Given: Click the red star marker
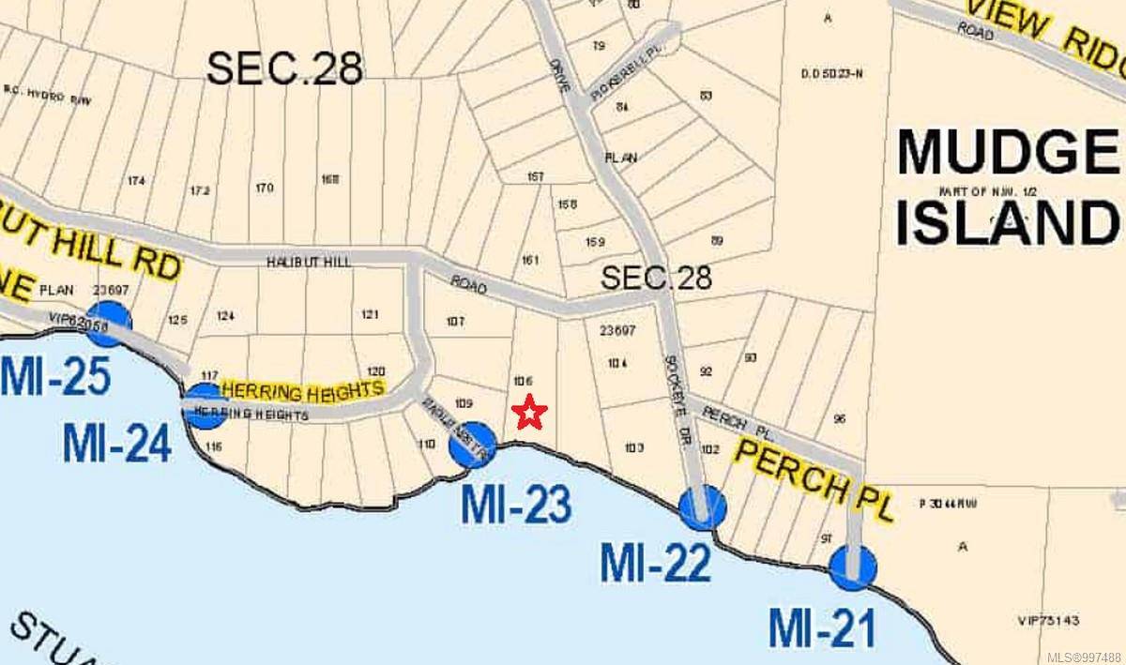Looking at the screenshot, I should point(530,412).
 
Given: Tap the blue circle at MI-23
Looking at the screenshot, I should point(472,444).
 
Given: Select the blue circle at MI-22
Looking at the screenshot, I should point(703,507).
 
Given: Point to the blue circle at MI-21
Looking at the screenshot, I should point(853,567).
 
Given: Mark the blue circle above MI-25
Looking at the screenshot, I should point(109,324).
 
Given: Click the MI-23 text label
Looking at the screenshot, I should point(515,506).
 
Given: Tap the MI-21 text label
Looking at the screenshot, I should point(822,627).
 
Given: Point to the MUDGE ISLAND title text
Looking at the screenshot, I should point(1007,189).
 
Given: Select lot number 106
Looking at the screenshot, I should point(524,382).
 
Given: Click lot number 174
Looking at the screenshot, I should point(136,181).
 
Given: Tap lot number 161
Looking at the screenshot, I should point(530,260).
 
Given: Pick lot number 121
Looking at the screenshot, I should point(370,314).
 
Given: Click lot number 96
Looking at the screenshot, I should point(839,419).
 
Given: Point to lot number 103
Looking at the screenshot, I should point(633,447).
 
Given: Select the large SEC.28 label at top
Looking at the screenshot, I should point(284,68).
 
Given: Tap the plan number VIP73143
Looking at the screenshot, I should point(1048,620).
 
